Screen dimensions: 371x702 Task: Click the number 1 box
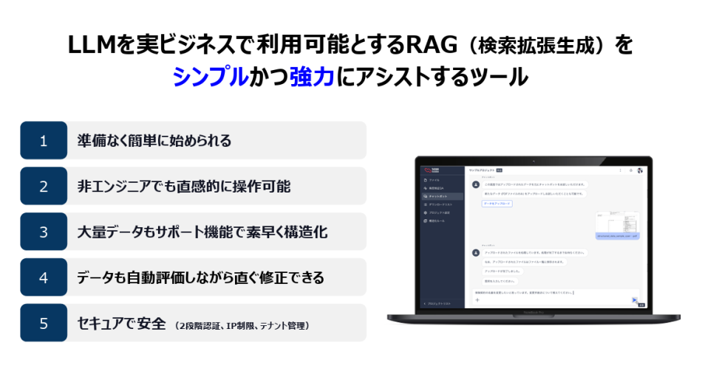point(43,140)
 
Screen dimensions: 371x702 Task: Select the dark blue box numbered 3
point(43,232)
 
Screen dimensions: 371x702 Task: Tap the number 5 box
point(43,323)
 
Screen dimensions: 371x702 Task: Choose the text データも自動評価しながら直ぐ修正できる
point(200,277)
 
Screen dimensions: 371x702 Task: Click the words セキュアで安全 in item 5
point(122,323)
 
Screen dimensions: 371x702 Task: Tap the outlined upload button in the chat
point(497,203)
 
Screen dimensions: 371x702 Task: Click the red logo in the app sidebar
point(427,169)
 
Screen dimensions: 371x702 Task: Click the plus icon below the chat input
point(477,300)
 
